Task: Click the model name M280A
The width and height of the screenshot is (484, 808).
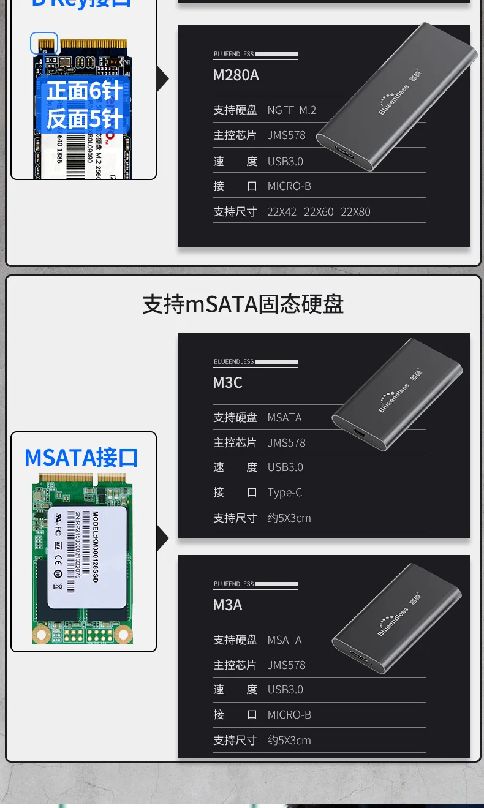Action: click(236, 75)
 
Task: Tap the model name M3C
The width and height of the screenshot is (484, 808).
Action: click(228, 383)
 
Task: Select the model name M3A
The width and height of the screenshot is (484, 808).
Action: click(228, 605)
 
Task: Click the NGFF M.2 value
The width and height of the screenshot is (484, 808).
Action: click(292, 110)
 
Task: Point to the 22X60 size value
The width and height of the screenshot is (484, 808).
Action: click(319, 212)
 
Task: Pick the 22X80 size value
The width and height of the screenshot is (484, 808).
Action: click(355, 212)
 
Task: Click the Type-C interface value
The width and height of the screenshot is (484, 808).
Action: click(285, 493)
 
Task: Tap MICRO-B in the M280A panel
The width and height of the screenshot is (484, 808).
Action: click(289, 186)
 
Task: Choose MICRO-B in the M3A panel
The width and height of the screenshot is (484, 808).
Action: click(289, 715)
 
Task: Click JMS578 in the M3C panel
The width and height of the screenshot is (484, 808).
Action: click(286, 443)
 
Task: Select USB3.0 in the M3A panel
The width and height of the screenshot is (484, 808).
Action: click(285, 690)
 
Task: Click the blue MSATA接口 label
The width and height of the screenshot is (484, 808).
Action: click(81, 458)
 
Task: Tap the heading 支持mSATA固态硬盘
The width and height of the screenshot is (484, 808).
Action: click(243, 304)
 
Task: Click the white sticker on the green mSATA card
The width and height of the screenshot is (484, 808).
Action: click(87, 557)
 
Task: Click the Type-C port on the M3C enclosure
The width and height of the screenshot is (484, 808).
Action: click(358, 438)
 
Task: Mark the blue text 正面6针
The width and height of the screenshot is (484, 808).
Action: click(84, 91)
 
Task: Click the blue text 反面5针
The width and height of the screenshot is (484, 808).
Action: click(84, 119)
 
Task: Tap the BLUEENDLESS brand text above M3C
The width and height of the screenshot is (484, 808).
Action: click(233, 362)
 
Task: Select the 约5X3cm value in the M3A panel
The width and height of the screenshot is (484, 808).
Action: click(289, 741)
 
